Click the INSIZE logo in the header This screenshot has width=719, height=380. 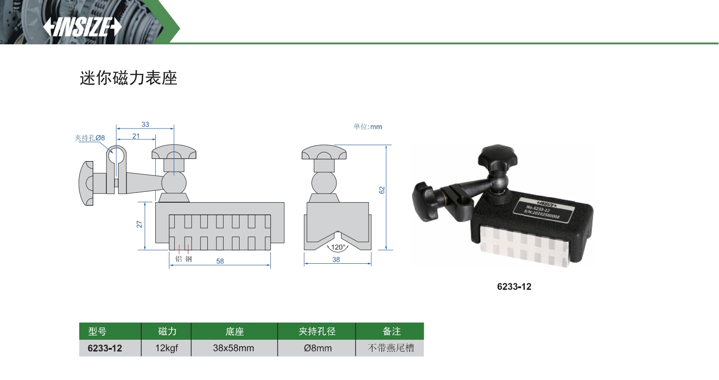[82, 27]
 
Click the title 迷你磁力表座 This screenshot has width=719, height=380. [129, 78]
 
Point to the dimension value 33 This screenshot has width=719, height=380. [145, 124]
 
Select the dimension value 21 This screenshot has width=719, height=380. [136, 136]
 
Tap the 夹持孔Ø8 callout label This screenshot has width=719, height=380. [90, 138]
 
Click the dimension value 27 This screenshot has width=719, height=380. [139, 224]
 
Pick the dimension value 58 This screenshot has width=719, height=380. [220, 261]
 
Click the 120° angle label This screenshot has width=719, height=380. [338, 247]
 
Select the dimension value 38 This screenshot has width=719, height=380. [336, 259]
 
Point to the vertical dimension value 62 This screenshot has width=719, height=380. [382, 190]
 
